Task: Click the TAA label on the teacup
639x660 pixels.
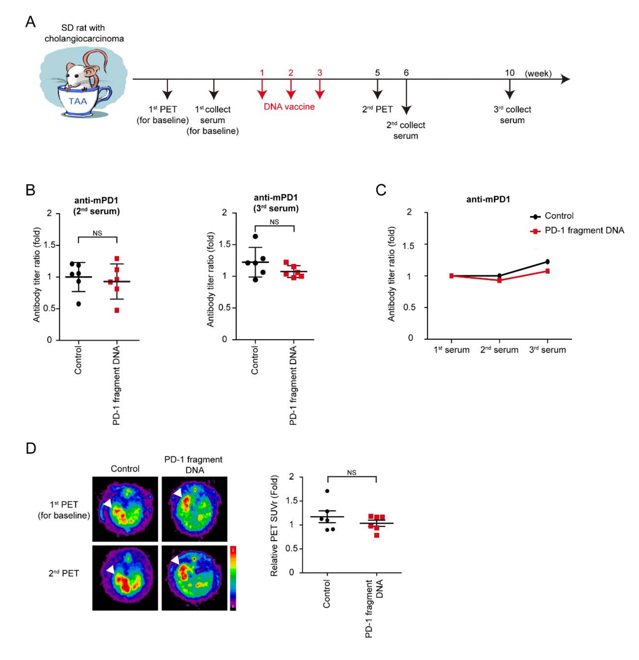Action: click(x=78, y=101)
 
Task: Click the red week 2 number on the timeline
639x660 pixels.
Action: click(x=291, y=73)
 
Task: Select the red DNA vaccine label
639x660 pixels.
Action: click(x=289, y=107)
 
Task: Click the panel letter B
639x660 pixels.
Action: click(x=30, y=190)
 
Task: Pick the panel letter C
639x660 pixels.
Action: click(x=381, y=190)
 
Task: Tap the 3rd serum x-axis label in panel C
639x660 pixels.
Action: click(x=547, y=350)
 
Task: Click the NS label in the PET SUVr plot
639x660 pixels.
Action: click(x=351, y=473)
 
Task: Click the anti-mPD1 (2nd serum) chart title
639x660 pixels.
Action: click(x=97, y=206)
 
